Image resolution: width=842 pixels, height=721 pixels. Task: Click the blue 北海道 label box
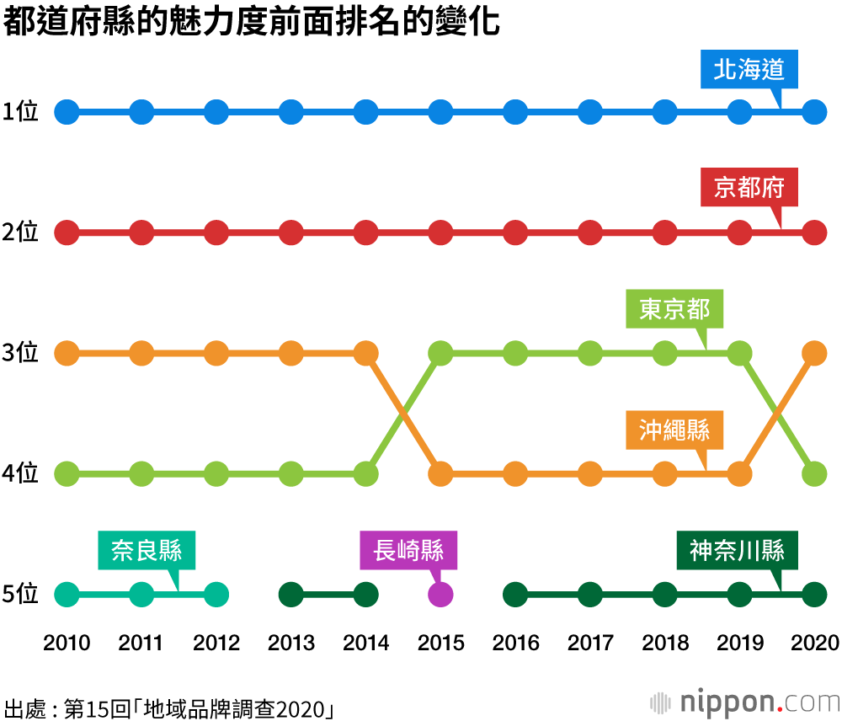pos(749,70)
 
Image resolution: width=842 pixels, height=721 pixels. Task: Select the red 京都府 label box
pos(749,188)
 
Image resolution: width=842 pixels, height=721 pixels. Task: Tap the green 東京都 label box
pos(674,309)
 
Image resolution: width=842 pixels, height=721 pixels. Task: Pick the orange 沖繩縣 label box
pos(674,430)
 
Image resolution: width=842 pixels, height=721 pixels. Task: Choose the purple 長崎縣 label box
pos(408,551)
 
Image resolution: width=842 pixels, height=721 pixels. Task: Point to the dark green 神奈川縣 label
pos(738,551)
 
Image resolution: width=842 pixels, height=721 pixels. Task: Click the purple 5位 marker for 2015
pos(440,595)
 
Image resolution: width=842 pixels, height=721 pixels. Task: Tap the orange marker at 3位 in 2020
pos(813,353)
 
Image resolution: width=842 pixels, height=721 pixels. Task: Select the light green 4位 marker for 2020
pos(813,474)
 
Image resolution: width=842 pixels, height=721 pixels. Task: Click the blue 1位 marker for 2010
pos(67,111)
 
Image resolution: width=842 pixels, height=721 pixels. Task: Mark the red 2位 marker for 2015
pos(440,232)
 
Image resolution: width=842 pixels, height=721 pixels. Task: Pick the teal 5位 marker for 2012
pos(216,595)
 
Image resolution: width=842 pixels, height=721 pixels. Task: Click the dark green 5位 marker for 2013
pos(291,595)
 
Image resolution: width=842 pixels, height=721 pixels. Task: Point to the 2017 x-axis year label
pos(590,644)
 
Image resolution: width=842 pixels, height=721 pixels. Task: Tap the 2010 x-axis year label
pos(67,644)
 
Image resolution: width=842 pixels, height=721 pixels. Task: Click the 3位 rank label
pos(21,353)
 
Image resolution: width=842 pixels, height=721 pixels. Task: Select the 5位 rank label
pos(21,595)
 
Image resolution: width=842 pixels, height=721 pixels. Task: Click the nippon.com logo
pos(744,701)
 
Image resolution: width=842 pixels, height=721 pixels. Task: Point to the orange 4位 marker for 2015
pos(440,474)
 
